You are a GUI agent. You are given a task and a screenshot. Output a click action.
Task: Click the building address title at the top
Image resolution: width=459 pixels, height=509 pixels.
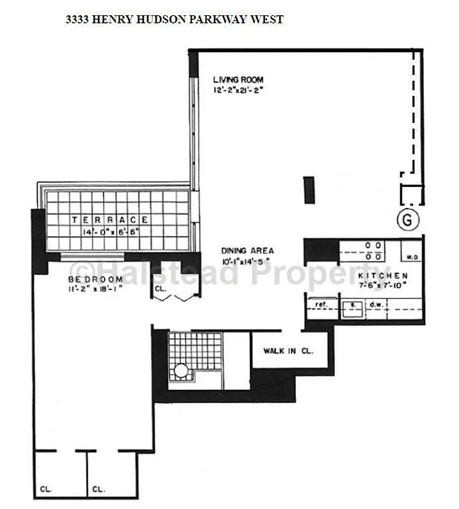(174, 20)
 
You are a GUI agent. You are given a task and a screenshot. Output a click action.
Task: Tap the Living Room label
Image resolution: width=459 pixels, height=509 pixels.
(238, 80)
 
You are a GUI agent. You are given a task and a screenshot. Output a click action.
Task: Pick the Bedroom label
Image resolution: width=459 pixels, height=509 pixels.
(95, 279)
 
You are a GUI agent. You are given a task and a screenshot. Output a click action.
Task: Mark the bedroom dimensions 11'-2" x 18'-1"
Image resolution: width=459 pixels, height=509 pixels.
(95, 289)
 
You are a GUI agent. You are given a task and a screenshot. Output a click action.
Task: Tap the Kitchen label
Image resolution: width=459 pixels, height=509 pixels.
(382, 275)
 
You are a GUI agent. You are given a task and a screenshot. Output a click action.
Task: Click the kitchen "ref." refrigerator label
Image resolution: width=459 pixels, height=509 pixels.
(321, 305)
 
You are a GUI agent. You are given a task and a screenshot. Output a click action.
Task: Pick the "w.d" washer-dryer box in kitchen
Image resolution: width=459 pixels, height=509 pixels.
(411, 257)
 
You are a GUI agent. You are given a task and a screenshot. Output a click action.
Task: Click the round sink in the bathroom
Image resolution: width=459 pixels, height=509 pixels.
(181, 370)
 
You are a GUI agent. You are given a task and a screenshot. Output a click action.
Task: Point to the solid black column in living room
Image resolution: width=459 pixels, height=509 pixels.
(309, 190)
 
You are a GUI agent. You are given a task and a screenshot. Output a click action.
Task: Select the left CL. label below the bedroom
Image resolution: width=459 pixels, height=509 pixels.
(46, 489)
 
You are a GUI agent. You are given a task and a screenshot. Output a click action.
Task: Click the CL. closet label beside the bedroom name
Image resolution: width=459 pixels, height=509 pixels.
(159, 288)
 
